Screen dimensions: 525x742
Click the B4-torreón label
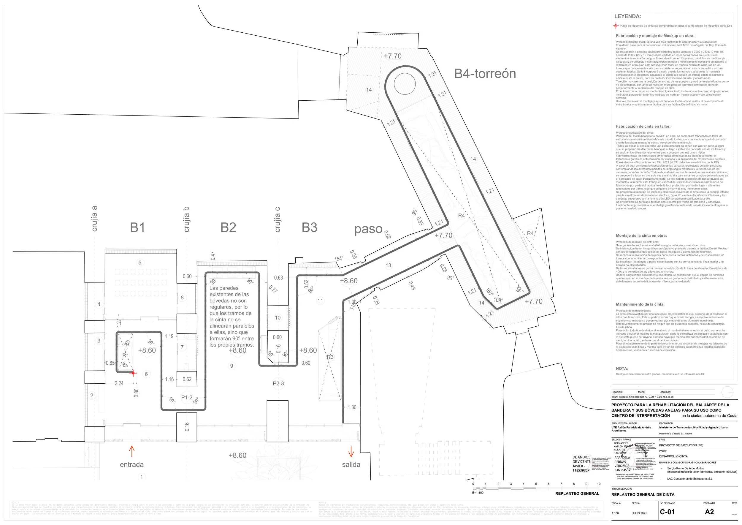[x=485, y=74]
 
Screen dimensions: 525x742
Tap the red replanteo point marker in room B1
[x=133, y=373]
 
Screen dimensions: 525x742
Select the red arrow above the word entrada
[x=131, y=451]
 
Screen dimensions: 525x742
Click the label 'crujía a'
[x=94, y=219]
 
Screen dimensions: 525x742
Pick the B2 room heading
[x=228, y=227]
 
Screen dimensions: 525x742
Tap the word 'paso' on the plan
[x=368, y=229]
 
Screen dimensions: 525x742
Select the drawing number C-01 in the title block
[x=667, y=512]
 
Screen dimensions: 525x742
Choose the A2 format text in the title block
[x=709, y=512]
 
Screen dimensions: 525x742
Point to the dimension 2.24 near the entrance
[x=119, y=383]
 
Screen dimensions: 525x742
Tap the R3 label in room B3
[x=330, y=357]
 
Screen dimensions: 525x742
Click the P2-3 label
[x=278, y=383]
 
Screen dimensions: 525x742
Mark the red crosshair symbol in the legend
[x=616, y=26]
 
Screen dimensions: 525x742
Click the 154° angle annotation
[x=338, y=259]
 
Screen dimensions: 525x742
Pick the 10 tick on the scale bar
[x=599, y=484]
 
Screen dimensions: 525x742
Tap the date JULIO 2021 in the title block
[x=639, y=513]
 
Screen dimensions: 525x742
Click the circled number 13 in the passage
[x=388, y=265]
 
